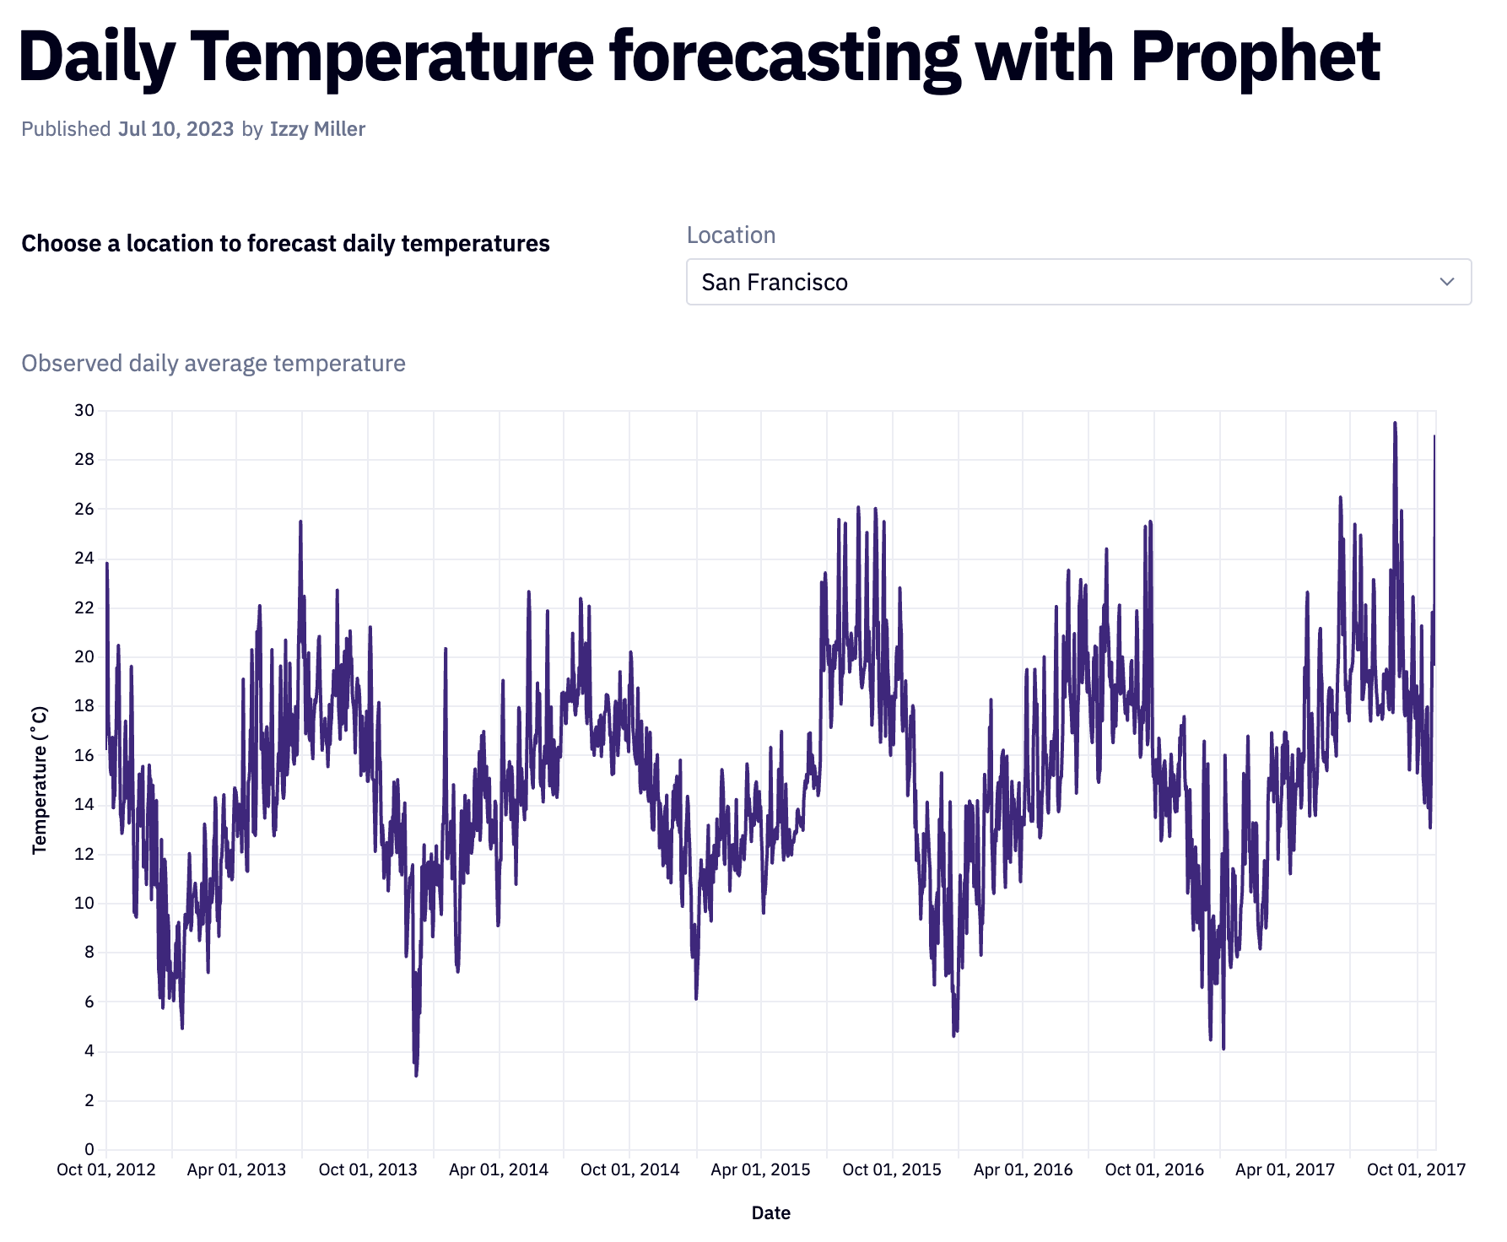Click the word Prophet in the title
pyautogui.click(x=1255, y=57)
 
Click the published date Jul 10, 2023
pyautogui.click(x=176, y=129)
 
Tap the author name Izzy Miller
pyautogui.click(x=317, y=129)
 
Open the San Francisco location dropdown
pyautogui.click(x=1078, y=282)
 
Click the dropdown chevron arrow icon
pyautogui.click(x=1446, y=282)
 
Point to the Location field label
pyautogui.click(x=731, y=235)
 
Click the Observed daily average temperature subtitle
pyautogui.click(x=213, y=364)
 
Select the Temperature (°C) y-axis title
pyautogui.click(x=40, y=780)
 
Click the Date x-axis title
pyautogui.click(x=770, y=1213)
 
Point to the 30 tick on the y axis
pyautogui.click(x=84, y=411)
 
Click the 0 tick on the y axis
pyautogui.click(x=89, y=1149)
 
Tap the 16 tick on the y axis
pyautogui.click(x=84, y=755)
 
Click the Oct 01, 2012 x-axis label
pyautogui.click(x=106, y=1170)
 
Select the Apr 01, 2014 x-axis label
pyautogui.click(x=499, y=1170)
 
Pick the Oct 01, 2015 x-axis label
pyautogui.click(x=892, y=1170)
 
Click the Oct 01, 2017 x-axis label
pyautogui.click(x=1416, y=1170)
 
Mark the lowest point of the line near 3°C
pyautogui.click(x=416, y=1075)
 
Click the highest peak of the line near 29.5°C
pyautogui.click(x=1395, y=424)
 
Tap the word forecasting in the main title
pyautogui.click(x=785, y=57)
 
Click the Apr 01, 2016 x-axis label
pyautogui.click(x=1023, y=1170)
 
